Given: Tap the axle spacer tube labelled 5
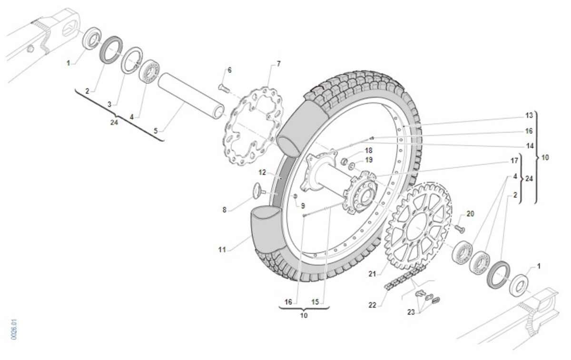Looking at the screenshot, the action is tap(191, 96).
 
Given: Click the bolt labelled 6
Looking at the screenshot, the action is tap(224, 88).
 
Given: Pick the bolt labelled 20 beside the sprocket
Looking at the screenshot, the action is tap(458, 229).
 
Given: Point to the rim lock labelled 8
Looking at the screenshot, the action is tap(258, 190).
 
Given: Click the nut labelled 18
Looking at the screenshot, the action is tap(345, 161).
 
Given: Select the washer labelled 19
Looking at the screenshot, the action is tap(352, 167).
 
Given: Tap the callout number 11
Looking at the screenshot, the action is tap(222, 250).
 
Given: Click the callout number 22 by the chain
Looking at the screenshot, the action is tap(372, 305).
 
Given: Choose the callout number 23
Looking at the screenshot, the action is tap(411, 312).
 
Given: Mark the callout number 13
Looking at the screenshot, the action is tap(529, 115).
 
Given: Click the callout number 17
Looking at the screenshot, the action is tap(514, 161).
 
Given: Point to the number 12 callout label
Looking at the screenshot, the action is tap(262, 172).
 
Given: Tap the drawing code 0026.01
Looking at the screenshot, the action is tap(14, 329).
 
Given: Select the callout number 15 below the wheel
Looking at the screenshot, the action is tap(315, 302).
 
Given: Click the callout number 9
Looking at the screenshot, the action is tap(303, 206).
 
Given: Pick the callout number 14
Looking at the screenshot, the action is tap(530, 146).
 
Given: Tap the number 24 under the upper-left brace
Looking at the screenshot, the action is tap(114, 122).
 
